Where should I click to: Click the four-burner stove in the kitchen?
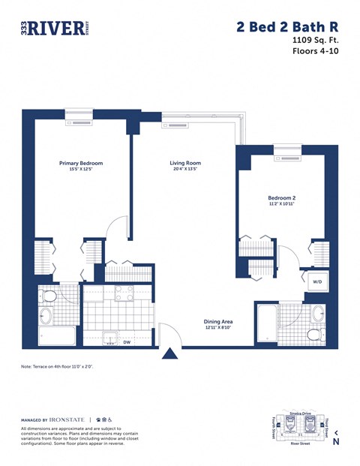[x=124, y=293]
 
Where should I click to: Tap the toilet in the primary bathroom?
[x=47, y=296]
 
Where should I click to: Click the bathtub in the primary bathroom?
[x=57, y=335]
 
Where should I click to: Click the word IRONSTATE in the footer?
[x=67, y=419]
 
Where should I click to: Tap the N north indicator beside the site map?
[x=336, y=441]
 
